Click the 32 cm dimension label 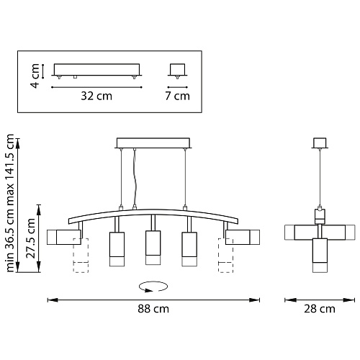click(x=96, y=96)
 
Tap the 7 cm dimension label click(x=177, y=96)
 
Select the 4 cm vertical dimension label click(x=35, y=76)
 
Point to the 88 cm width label click(x=153, y=309)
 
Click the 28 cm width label click(x=320, y=309)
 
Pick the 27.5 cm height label click(x=31, y=238)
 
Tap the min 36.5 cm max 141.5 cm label click(x=10, y=203)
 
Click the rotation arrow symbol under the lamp click(x=153, y=287)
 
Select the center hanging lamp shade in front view click(x=153, y=248)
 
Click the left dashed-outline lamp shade click(x=81, y=256)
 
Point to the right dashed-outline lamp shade click(x=226, y=256)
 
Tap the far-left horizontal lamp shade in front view click(x=64, y=237)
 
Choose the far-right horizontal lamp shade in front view click(x=243, y=237)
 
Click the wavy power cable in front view click(x=135, y=178)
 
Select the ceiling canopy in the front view click(x=153, y=143)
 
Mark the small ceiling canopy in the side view click(x=320, y=143)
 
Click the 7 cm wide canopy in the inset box click(x=178, y=70)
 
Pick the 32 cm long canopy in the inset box click(x=96, y=70)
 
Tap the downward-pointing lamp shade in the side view click(x=320, y=256)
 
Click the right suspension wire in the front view click(x=185, y=178)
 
